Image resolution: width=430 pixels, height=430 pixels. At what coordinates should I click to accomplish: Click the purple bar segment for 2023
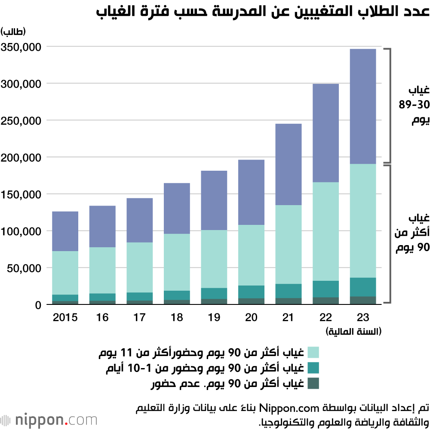[x=363, y=106]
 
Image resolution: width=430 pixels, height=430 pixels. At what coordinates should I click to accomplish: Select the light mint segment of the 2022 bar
[x=326, y=231]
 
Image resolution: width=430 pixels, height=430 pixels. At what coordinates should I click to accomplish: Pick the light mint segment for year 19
[x=214, y=259]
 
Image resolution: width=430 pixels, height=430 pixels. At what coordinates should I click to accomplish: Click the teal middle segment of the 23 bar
[x=363, y=287]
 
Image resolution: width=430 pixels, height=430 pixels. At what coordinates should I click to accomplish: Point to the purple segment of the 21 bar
[x=288, y=164]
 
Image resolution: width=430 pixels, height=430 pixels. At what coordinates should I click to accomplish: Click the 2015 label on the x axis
[x=65, y=318]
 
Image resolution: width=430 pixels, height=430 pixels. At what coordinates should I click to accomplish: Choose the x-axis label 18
[x=176, y=318]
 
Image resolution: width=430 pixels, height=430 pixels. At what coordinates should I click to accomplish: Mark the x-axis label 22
[x=326, y=318]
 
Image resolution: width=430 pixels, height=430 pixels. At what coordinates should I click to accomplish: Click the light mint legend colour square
[x=313, y=353]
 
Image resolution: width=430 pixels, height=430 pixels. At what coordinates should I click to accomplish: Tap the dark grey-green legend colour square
[x=313, y=383]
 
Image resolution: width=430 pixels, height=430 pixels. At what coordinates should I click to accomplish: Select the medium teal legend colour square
[x=313, y=368]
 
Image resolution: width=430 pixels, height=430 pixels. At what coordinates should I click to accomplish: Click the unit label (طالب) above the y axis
[x=13, y=31]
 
